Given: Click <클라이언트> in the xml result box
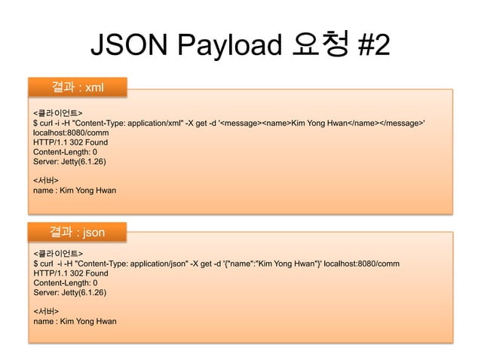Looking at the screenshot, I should [x=57, y=112].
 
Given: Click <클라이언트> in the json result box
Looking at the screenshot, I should [x=57, y=254].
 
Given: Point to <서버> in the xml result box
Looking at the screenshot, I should [x=46, y=181].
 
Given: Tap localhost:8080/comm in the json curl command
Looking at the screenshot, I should [x=357, y=264].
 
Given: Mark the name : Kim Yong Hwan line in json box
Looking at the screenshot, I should [x=74, y=322].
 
